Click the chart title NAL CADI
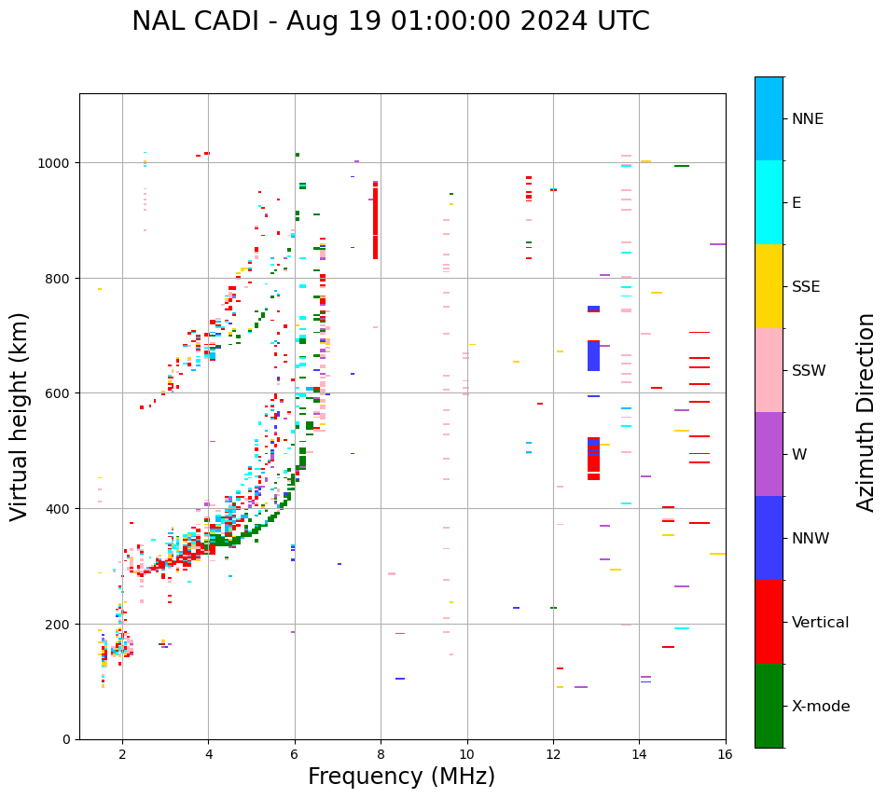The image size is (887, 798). [x=390, y=21]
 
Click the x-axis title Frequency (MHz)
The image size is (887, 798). [x=401, y=777]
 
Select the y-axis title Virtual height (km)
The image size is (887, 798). [x=20, y=416]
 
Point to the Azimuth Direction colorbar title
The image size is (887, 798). [x=866, y=412]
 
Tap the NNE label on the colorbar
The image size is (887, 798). [x=808, y=119]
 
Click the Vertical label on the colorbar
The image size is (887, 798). [x=820, y=623]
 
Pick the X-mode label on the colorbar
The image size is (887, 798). [x=821, y=707]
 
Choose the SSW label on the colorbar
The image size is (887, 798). [x=809, y=371]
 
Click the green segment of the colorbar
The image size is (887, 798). [x=769, y=706]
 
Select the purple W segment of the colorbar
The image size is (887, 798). [x=769, y=454]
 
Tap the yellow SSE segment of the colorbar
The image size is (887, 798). [x=769, y=286]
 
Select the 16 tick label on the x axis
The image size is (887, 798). [x=726, y=755]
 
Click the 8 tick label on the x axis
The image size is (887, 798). [x=381, y=755]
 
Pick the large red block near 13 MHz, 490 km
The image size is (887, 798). [x=593, y=458]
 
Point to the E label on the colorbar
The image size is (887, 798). [x=797, y=203]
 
